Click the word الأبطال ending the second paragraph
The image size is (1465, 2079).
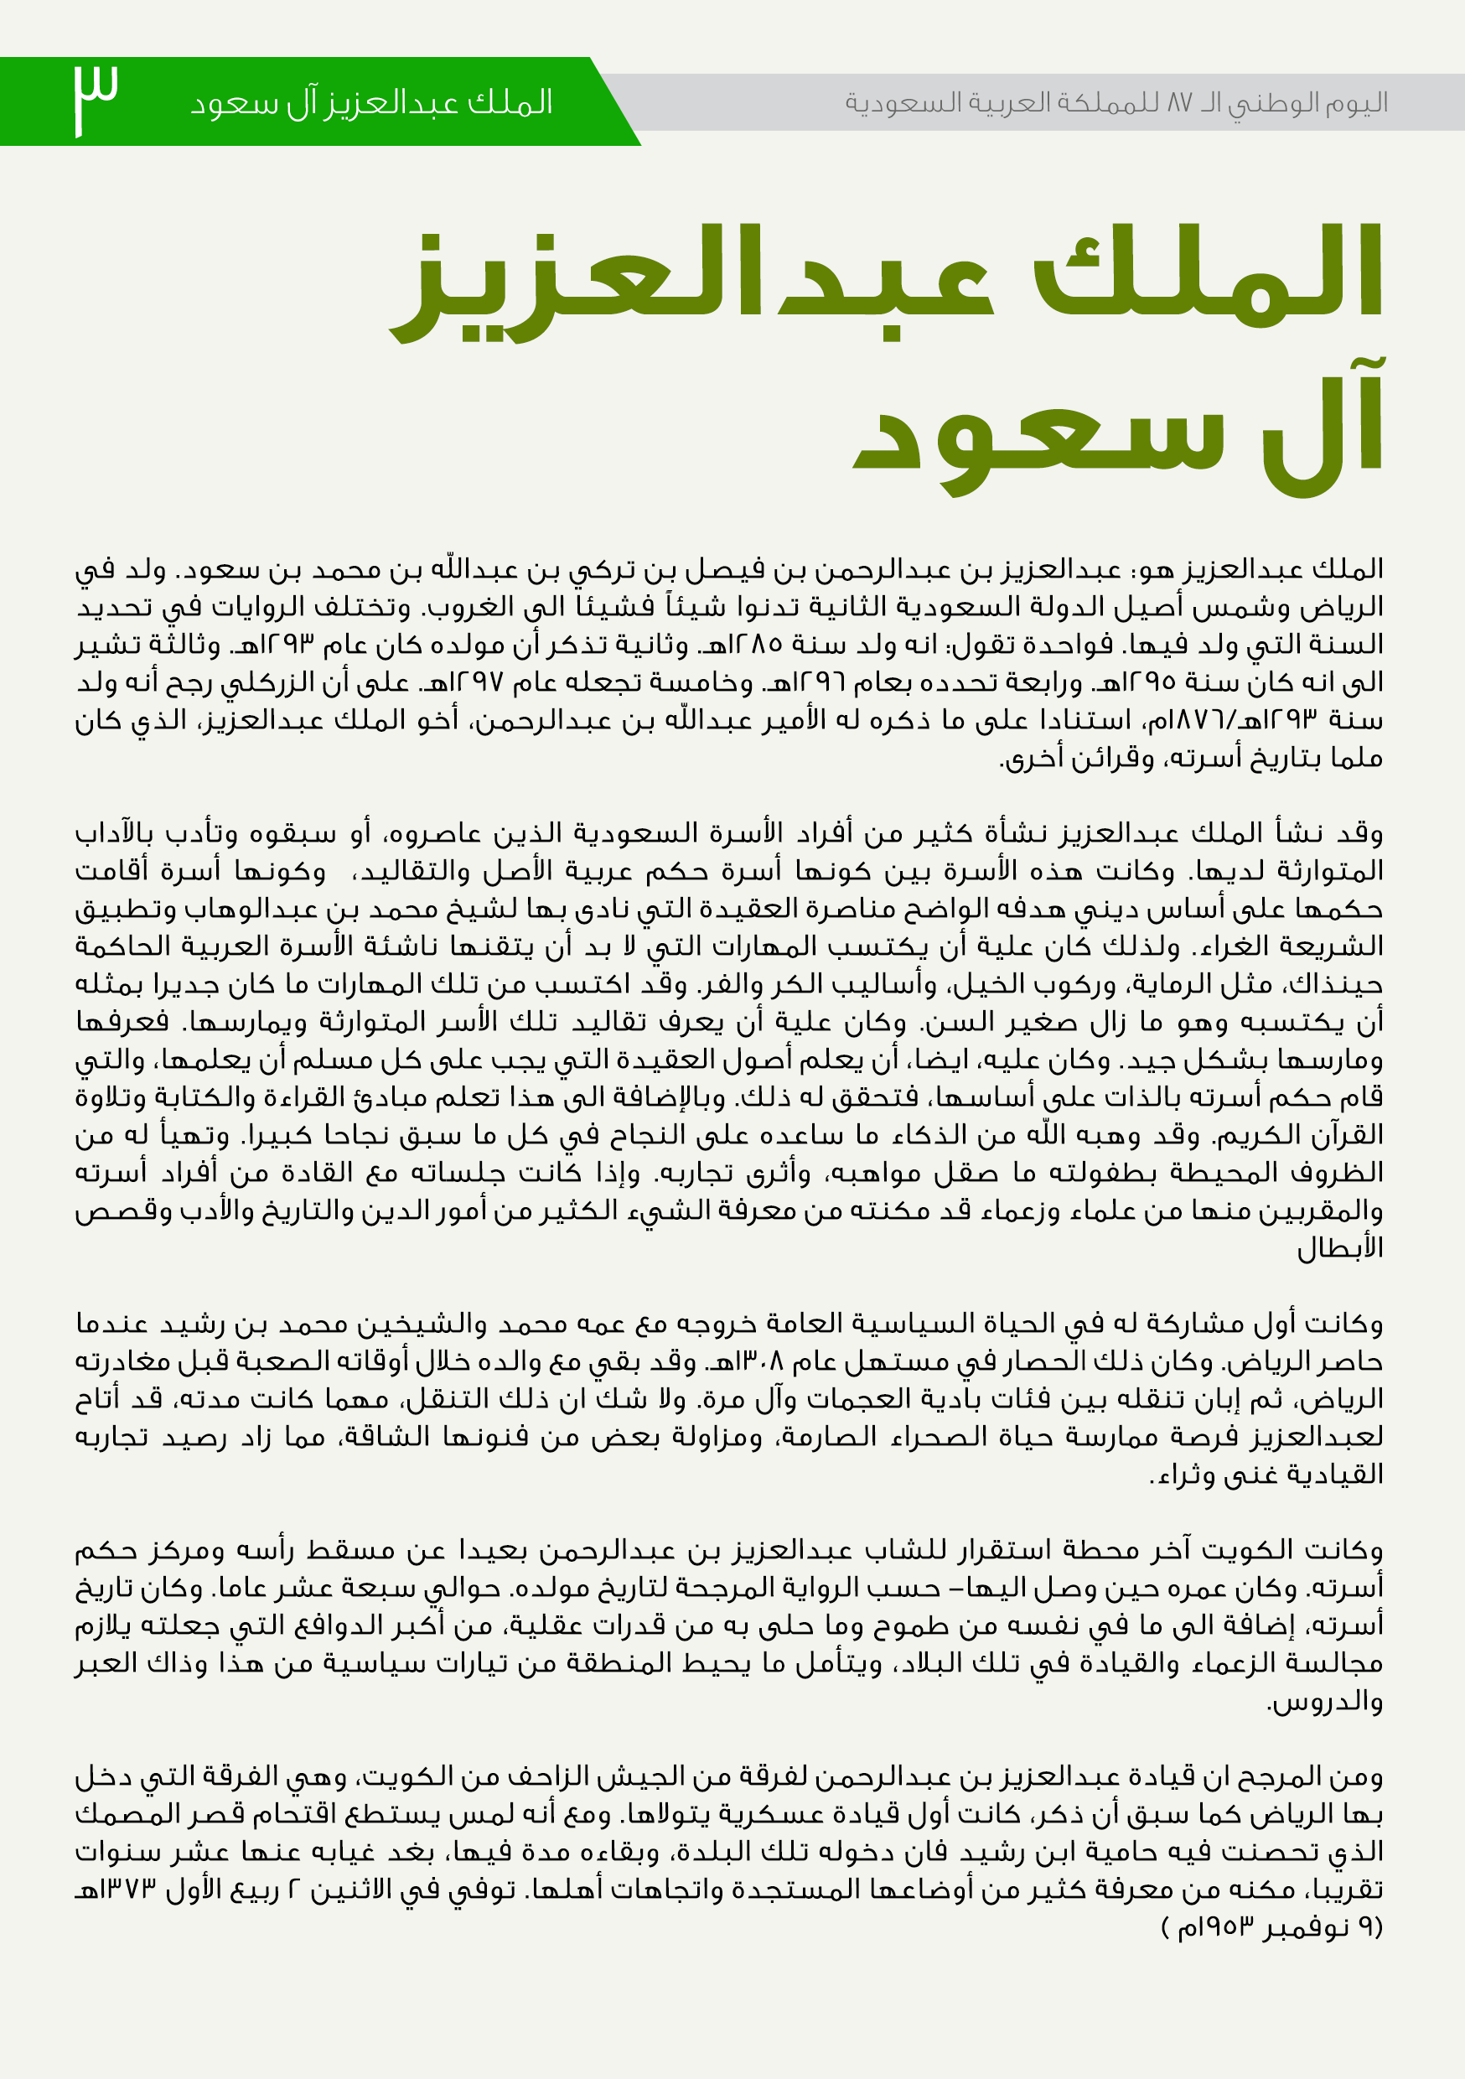click(x=1340, y=1250)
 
